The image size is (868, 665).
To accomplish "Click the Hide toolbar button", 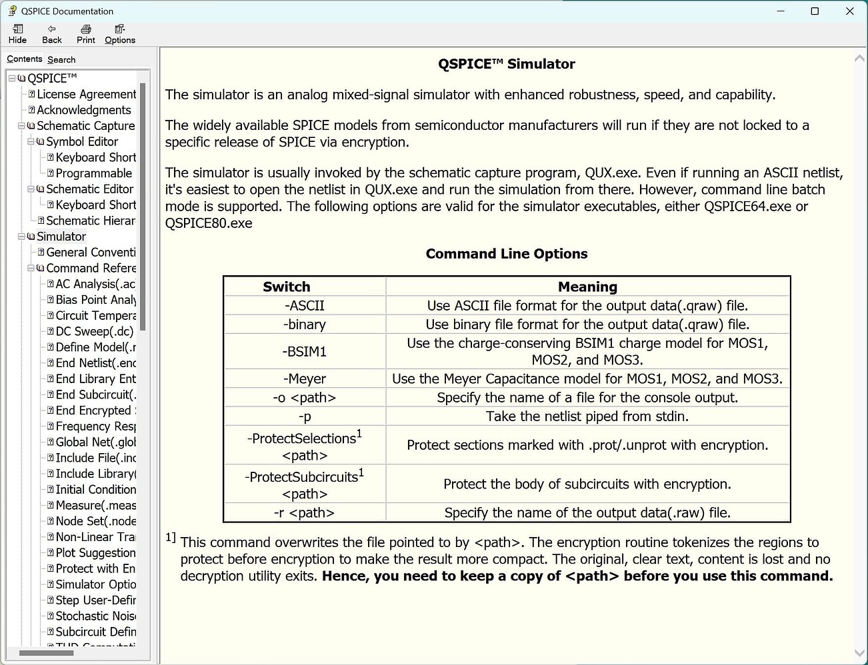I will [x=18, y=34].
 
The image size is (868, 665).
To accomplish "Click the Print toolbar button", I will [x=85, y=34].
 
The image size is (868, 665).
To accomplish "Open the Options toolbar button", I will [x=120, y=34].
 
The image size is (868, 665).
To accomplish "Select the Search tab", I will [x=61, y=59].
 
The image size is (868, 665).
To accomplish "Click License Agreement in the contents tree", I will [x=86, y=94].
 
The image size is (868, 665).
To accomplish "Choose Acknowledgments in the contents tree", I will [x=84, y=110].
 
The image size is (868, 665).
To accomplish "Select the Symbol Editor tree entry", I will [x=82, y=141].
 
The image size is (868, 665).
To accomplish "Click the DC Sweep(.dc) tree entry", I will [x=95, y=331].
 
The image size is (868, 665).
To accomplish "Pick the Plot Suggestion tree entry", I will [x=95, y=552].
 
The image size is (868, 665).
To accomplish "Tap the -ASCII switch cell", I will [x=305, y=306].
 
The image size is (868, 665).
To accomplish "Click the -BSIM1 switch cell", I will [x=305, y=351].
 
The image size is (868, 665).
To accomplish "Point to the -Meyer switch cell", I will [x=305, y=379].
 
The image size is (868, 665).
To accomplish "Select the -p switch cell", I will [x=305, y=416].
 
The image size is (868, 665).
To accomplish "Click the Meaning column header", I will [x=587, y=287].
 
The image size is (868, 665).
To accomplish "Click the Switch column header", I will [x=287, y=287].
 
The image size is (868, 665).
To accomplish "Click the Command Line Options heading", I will [x=507, y=254].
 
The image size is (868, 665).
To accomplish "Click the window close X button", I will [x=849, y=11].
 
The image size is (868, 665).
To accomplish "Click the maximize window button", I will [x=815, y=11].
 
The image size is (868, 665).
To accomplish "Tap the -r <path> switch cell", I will [x=305, y=513].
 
